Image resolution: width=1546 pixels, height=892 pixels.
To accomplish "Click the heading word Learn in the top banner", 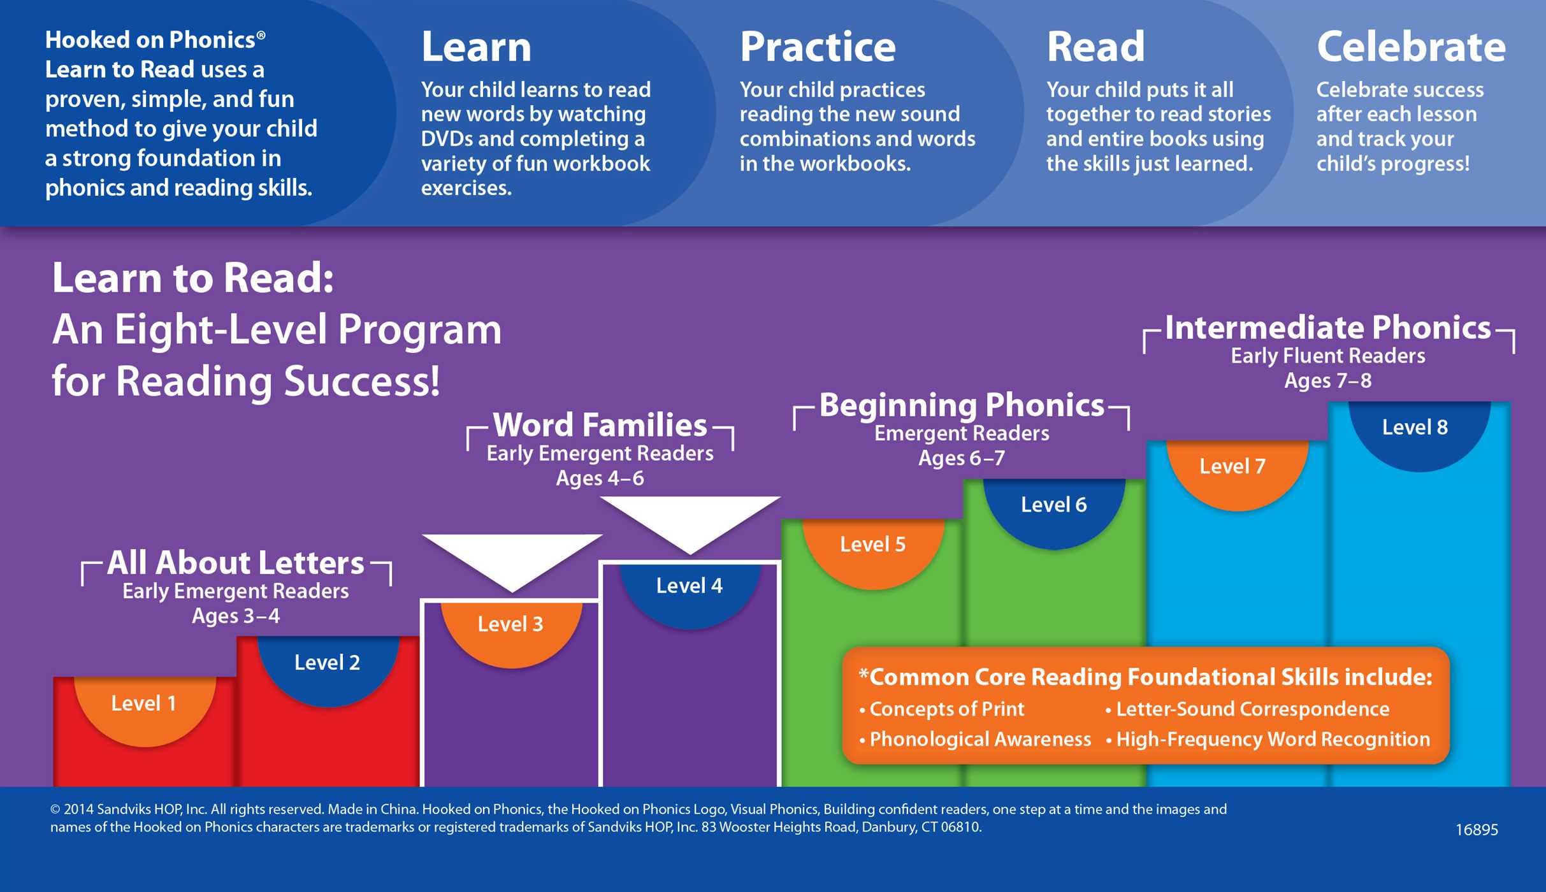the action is tap(476, 47).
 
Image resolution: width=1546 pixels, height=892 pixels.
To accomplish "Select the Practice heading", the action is tap(818, 47).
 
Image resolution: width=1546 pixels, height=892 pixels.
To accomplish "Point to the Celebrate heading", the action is tap(1411, 47).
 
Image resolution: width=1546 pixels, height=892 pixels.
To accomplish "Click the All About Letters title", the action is tap(236, 563).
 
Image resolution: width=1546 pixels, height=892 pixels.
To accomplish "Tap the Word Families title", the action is tap(600, 426).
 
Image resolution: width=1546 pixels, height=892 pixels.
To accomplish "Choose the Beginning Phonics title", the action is tap(962, 406).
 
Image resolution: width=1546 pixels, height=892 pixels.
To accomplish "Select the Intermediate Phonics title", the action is tap(1328, 328).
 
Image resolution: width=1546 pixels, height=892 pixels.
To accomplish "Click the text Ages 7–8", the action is tap(1328, 381).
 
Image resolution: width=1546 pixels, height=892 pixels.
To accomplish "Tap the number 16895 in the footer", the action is tap(1477, 830).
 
